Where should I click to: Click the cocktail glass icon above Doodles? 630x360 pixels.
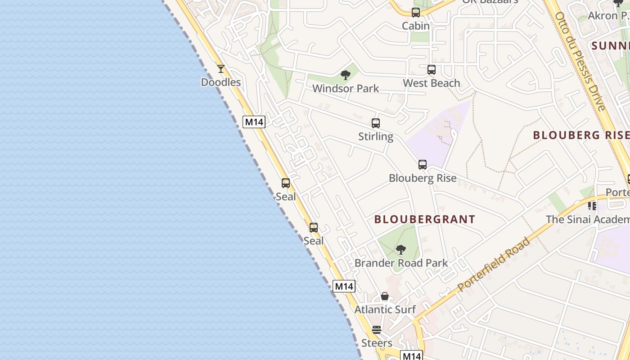[x=220, y=69]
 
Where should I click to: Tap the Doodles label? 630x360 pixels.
[x=220, y=82]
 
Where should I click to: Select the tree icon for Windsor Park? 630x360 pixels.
[x=346, y=75]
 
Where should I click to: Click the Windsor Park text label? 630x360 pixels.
[x=346, y=89]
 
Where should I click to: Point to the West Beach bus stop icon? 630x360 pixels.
[x=432, y=70]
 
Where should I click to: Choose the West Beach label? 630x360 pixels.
[x=432, y=83]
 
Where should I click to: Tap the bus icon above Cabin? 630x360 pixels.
[x=416, y=13]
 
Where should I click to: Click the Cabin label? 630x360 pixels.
[x=416, y=26]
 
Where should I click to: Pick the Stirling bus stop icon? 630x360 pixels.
[x=376, y=123]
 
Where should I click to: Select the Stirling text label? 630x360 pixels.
[x=376, y=136]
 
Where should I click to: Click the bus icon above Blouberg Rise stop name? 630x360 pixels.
[x=423, y=165]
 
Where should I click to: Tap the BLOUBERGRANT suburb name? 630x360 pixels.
[x=425, y=220]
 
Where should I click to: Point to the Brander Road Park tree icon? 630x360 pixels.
[x=401, y=250]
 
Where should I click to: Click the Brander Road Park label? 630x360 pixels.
[x=401, y=263]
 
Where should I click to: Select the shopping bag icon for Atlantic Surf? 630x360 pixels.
[x=385, y=296]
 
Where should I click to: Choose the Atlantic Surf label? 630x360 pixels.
[x=385, y=310]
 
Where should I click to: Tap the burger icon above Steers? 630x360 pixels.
[x=377, y=330]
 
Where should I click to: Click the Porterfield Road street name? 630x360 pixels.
[x=494, y=265]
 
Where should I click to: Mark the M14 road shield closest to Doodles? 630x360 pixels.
[x=254, y=121]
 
